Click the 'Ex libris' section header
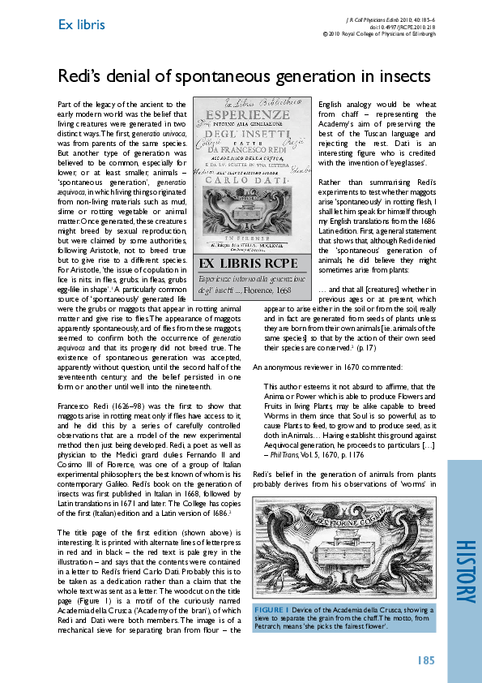coord(81,24)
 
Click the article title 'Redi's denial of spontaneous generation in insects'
coord(243,76)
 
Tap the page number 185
coord(429,660)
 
